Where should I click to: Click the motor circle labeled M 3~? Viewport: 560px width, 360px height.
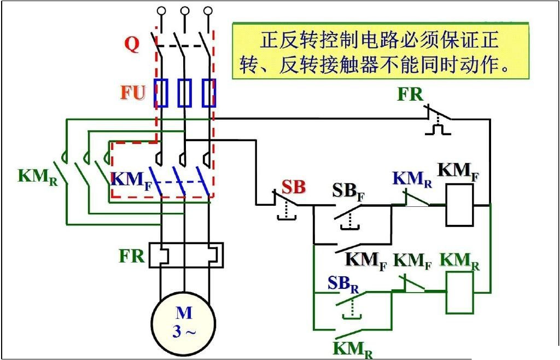click(184, 323)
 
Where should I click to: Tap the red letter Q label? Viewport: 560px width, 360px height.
click(132, 44)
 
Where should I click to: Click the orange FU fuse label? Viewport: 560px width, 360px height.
click(133, 92)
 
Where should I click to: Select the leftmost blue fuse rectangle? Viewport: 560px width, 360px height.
click(160, 92)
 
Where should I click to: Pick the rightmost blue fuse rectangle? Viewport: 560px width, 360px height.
click(209, 92)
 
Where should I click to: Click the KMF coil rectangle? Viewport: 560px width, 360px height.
click(459, 205)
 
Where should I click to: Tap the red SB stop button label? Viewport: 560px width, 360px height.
click(294, 187)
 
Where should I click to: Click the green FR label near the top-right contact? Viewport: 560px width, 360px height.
click(410, 94)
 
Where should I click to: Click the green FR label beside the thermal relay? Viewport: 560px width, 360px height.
click(132, 256)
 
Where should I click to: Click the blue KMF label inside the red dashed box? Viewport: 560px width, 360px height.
click(131, 179)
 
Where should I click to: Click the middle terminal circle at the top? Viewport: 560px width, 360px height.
click(185, 10)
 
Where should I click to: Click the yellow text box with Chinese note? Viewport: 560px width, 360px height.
click(381, 51)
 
